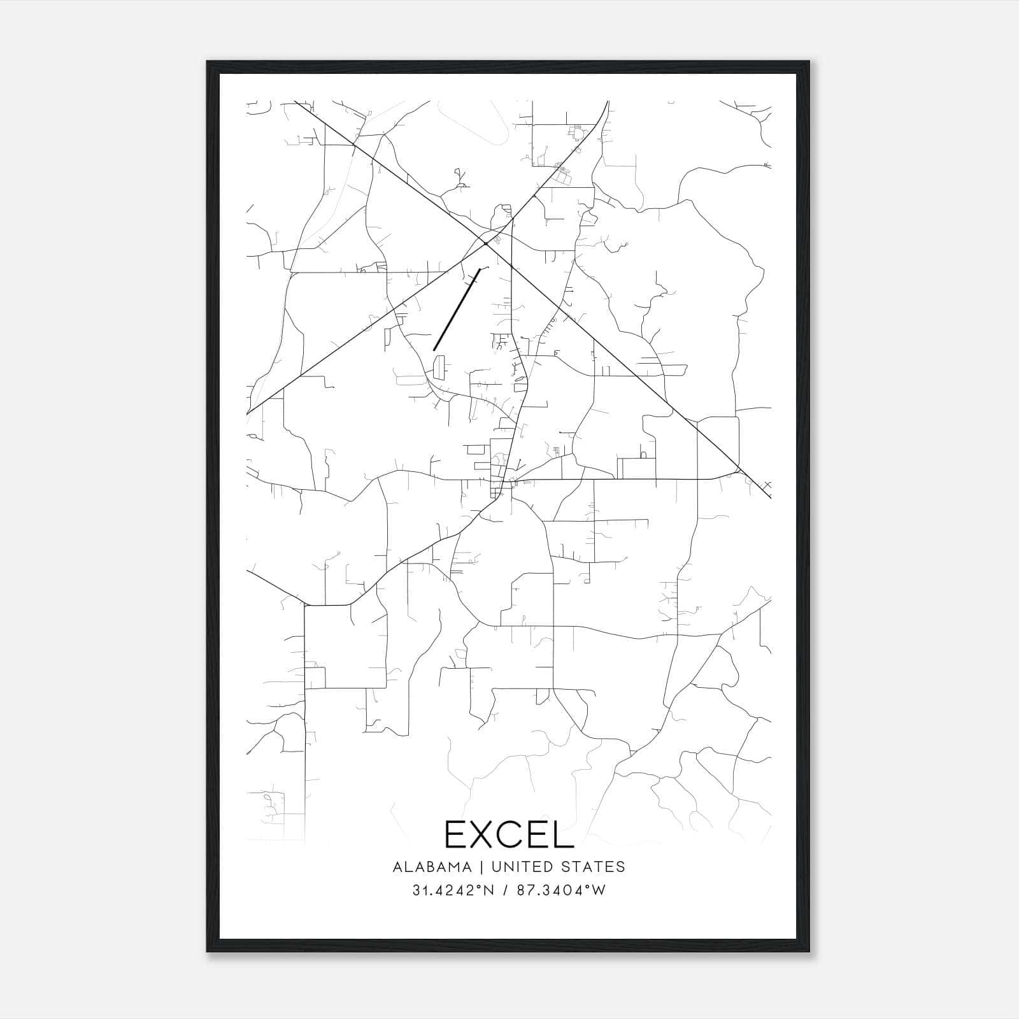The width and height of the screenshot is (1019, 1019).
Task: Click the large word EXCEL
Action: tap(509, 834)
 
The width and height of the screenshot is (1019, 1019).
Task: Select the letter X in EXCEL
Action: tap(487, 834)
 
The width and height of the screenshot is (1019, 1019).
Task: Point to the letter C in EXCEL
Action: tap(519, 834)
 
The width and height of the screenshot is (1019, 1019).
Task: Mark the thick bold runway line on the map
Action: tap(457, 310)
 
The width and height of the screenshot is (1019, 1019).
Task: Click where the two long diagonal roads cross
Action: tap(485, 243)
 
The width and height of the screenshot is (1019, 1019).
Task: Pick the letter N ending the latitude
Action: tap(489, 890)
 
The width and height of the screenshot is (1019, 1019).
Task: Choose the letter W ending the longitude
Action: tap(599, 890)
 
